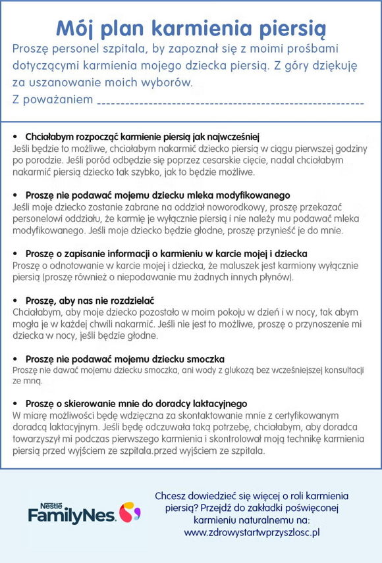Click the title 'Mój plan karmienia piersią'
click(190, 28)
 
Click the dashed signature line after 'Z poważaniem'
click(230, 103)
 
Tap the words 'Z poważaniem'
click(52, 99)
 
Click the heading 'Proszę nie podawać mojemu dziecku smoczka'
click(125, 358)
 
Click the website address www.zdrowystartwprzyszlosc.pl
click(252, 532)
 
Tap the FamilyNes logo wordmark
click(72, 516)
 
